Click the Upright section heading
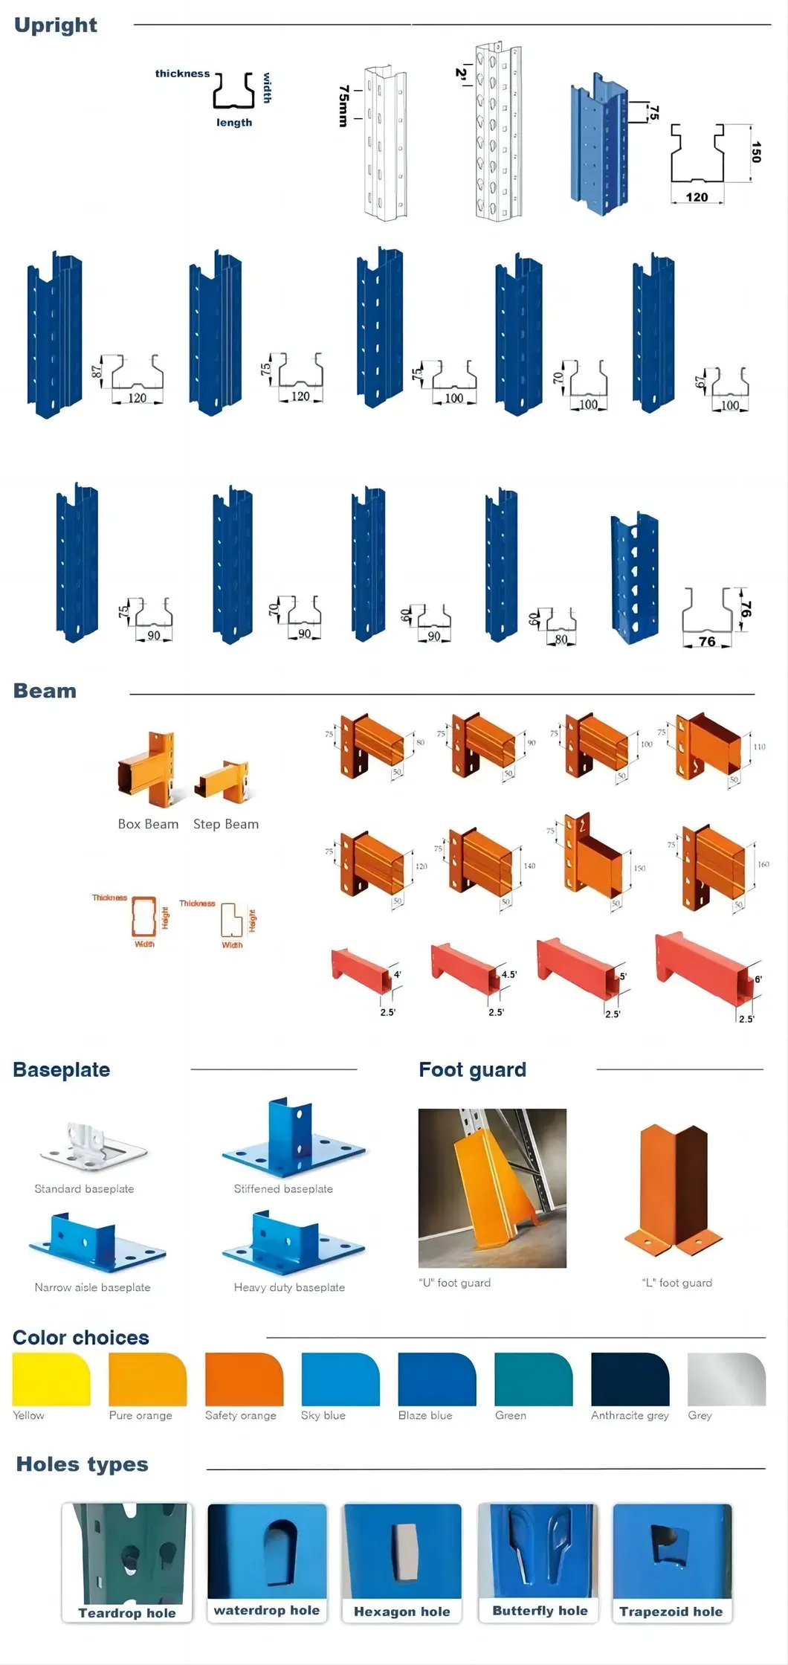tap(56, 25)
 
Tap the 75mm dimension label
tap(343, 106)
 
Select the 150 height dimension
tap(755, 152)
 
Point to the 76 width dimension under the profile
tap(707, 641)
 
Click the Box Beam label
tap(148, 824)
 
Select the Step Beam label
tap(226, 824)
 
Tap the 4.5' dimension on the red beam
tap(508, 974)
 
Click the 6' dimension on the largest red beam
tap(758, 979)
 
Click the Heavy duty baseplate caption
tap(289, 1287)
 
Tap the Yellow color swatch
tap(51, 1379)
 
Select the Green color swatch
tap(533, 1379)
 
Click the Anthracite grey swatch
tap(630, 1379)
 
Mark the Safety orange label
tap(240, 1415)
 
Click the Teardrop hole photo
tap(127, 1553)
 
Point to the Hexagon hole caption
tap(401, 1611)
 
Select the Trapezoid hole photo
tap(672, 1550)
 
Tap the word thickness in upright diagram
tap(182, 74)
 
